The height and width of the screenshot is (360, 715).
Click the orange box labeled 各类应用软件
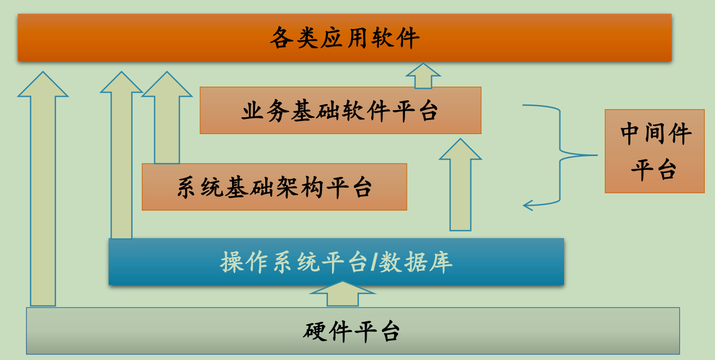coord(344,38)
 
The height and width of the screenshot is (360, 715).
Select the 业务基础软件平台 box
coord(340,110)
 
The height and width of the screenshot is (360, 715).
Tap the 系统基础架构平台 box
coord(274,187)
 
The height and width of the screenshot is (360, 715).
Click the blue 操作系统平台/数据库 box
coord(336,262)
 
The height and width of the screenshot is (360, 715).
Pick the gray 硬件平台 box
coord(353,330)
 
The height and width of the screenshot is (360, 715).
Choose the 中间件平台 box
coord(654,151)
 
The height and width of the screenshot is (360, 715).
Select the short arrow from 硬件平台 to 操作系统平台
coord(343,294)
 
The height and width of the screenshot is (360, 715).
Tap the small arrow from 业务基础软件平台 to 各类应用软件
coord(423,76)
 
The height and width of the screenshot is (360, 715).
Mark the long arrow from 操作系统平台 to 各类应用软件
coord(121,158)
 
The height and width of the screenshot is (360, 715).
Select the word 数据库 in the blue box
coord(415,262)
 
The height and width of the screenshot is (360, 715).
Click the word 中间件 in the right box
coord(655,134)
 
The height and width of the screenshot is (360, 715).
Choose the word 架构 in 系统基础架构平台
coord(299,187)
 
